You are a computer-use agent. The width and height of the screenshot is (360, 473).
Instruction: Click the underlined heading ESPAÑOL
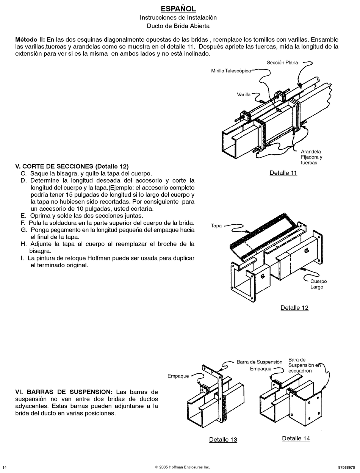coord(178,9)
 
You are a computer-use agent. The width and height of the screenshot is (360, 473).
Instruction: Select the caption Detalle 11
coord(283,173)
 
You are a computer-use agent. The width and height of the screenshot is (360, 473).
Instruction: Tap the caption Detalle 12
coord(294,308)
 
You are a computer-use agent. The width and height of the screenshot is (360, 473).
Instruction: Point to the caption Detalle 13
coord(223,440)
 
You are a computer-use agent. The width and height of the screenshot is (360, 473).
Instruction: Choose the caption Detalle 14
coord(296,438)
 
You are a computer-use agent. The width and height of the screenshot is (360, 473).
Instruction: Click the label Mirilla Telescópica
coord(231,70)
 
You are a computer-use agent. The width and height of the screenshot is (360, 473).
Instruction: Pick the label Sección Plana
coord(282,63)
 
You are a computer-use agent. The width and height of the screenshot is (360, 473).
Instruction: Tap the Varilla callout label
coord(244,94)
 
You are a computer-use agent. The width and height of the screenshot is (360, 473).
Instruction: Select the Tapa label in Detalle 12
coord(216,226)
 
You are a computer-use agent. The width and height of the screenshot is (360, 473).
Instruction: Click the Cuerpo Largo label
coord(318,284)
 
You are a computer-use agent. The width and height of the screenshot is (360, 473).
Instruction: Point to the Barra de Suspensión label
coord(260,362)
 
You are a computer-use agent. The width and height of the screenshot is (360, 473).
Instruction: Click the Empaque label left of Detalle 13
coord(178,376)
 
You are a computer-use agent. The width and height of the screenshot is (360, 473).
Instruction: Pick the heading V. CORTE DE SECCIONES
coord(54,166)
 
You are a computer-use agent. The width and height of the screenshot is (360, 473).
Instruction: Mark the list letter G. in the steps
coord(24,230)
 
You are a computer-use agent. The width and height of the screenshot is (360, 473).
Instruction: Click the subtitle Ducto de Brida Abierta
coord(178,26)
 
